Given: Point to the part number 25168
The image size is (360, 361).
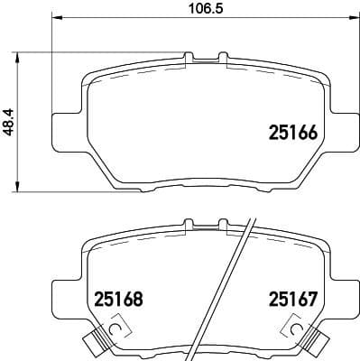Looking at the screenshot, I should [x=119, y=297].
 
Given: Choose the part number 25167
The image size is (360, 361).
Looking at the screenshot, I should [x=292, y=297].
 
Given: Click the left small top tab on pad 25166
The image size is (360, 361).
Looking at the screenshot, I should [x=189, y=58].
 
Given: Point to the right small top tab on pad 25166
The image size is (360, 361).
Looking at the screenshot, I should [x=221, y=58].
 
